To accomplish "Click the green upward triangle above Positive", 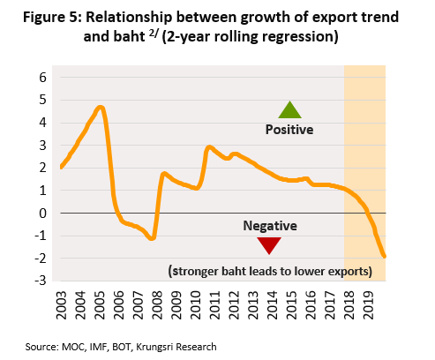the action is pyautogui.click(x=289, y=110).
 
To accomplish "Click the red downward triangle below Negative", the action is pyautogui.click(x=269, y=245).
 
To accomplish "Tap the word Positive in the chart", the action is pyautogui.click(x=289, y=130).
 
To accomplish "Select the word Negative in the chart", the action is pyautogui.click(x=270, y=226).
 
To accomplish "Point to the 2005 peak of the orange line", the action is pyautogui.click(x=101, y=107).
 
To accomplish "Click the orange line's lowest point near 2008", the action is pyautogui.click(x=152, y=238).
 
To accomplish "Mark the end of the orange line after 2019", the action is pyautogui.click(x=385, y=257).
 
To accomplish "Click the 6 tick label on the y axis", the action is pyautogui.click(x=43, y=78).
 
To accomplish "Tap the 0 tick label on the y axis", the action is pyautogui.click(x=43, y=214).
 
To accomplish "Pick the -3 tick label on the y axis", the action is pyautogui.click(x=41, y=281).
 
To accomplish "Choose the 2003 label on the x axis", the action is pyautogui.click(x=62, y=305).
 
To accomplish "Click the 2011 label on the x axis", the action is pyautogui.click(x=215, y=305).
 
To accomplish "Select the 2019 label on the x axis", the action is pyautogui.click(x=369, y=305).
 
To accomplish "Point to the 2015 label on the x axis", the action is pyautogui.click(x=292, y=305).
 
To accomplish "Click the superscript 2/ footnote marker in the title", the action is pyautogui.click(x=154, y=34).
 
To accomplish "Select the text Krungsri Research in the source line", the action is pyautogui.click(x=176, y=347).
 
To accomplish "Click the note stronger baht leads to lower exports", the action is pyautogui.click(x=270, y=271).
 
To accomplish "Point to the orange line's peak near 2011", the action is pyautogui.click(x=209, y=147).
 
